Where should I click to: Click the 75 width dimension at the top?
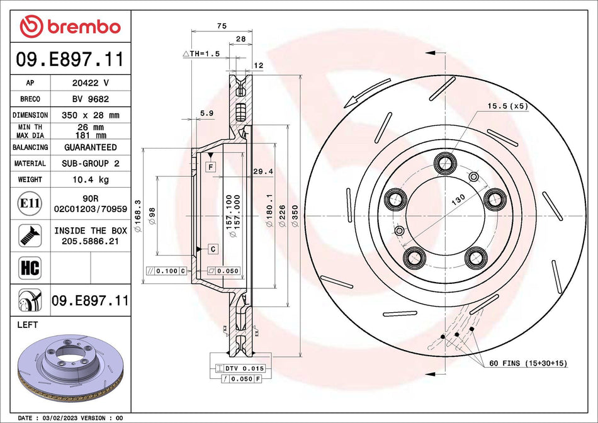pos(221,26)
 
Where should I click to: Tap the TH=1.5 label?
pos(201,54)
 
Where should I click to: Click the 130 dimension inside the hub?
pos(458,200)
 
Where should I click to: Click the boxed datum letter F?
pos(210,166)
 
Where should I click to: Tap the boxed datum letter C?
pos(213,249)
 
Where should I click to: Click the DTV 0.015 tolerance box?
pos(240,368)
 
